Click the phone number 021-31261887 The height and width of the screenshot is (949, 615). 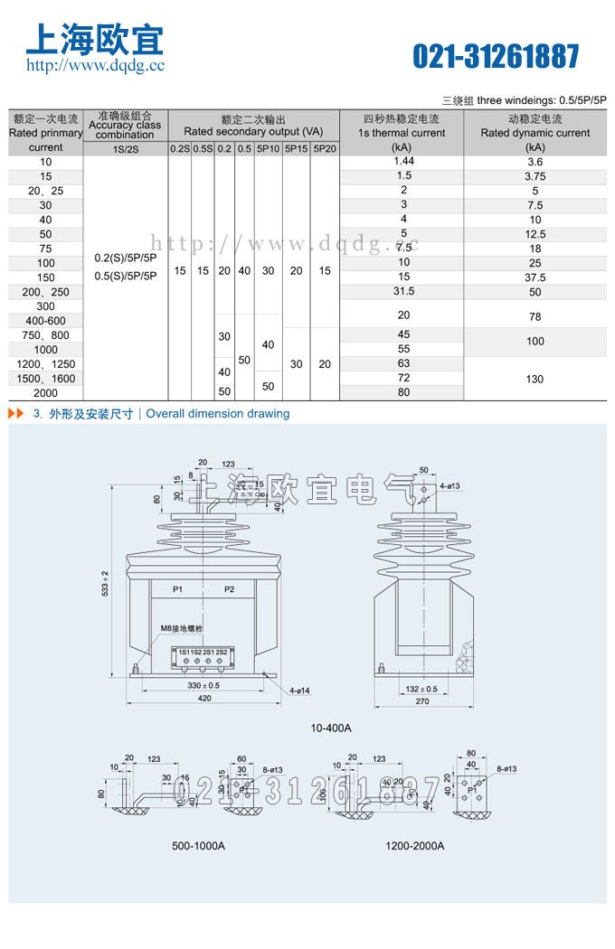(496, 57)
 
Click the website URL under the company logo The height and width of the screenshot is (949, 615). (95, 65)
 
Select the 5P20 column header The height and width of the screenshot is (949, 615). (324, 148)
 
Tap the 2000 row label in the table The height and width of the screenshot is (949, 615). (45, 393)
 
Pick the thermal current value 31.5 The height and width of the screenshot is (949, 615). (403, 291)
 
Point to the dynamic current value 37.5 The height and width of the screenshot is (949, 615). (535, 277)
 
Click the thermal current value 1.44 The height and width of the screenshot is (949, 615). (403, 161)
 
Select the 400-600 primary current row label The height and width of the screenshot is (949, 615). (45, 321)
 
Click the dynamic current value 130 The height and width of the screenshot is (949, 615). (535, 379)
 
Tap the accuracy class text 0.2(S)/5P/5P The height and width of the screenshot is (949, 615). (125, 258)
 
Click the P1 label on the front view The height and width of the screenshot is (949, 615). (178, 589)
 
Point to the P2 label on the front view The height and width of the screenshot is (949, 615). (229, 589)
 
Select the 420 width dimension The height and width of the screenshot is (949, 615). (204, 699)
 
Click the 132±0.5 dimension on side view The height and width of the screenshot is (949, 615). (421, 689)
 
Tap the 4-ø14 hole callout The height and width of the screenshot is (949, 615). (300, 691)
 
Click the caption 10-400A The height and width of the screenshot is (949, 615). (330, 728)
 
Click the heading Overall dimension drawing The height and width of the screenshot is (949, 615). (218, 414)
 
